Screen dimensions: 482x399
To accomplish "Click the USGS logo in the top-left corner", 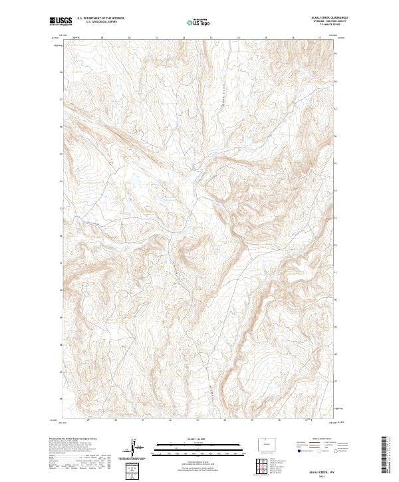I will [x=61, y=21].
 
